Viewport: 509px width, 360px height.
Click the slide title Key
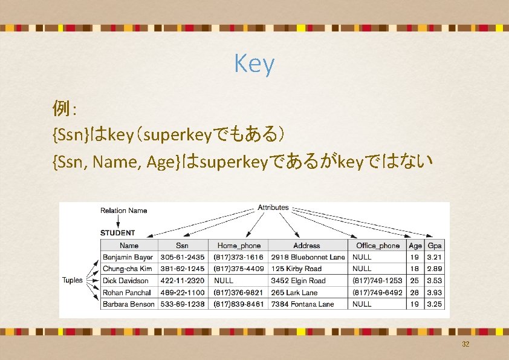click(x=254, y=64)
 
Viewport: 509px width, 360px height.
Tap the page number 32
click(x=465, y=344)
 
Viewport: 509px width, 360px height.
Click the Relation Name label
click(x=123, y=211)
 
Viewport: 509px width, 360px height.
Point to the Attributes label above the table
click(x=273, y=208)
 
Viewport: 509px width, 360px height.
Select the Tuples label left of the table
click(x=73, y=280)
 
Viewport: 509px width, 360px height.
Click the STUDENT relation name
click(x=117, y=232)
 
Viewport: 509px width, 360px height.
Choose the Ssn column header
click(x=182, y=246)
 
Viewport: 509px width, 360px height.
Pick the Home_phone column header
click(x=239, y=246)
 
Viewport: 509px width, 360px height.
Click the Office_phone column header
click(x=378, y=246)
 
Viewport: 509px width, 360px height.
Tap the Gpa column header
click(x=434, y=246)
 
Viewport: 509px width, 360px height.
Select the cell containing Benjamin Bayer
click(x=128, y=257)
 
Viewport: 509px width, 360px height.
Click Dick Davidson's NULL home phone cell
click(x=224, y=281)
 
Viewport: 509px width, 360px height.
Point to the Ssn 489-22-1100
click(x=182, y=292)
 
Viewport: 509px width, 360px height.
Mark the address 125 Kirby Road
click(x=296, y=269)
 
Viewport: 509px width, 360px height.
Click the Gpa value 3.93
click(x=434, y=292)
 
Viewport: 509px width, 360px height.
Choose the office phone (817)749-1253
click(x=378, y=281)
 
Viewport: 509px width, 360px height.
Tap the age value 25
click(x=415, y=281)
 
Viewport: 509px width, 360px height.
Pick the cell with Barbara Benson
click(x=128, y=304)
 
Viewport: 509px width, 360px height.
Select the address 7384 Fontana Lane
click(x=302, y=304)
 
